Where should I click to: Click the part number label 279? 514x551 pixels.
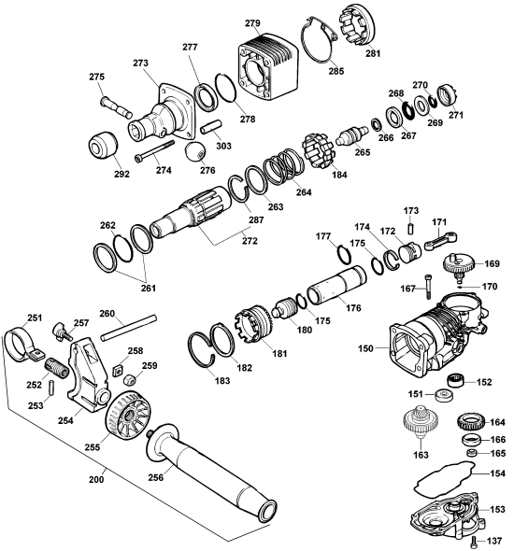coord(252,22)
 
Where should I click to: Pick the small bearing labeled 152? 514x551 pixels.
coord(455,381)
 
